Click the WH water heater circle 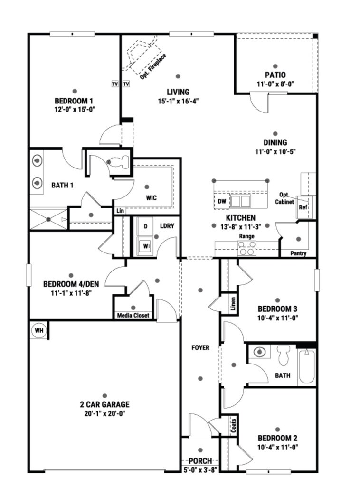[39, 330]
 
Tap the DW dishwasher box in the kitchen [222, 201]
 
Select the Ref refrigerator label [303, 207]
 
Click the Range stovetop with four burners [247, 248]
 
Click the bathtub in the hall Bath [307, 367]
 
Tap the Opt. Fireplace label [153, 66]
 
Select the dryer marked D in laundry [145, 226]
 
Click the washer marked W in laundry [145, 246]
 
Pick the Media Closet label [133, 315]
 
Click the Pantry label [298, 253]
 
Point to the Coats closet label [234, 426]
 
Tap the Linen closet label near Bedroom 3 [233, 304]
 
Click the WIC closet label [152, 198]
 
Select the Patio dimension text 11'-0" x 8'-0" [275, 84]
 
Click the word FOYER [200, 348]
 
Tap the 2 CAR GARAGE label [105, 404]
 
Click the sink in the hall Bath [259, 352]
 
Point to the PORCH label [200, 461]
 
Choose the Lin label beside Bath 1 [120, 211]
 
